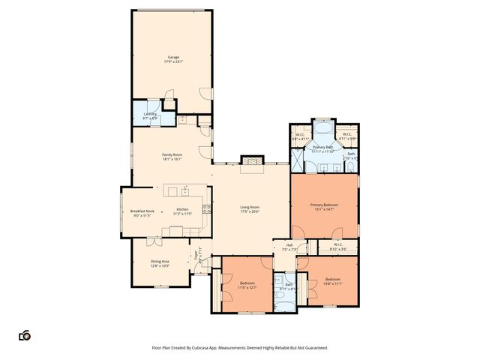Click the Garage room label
coord(173,58)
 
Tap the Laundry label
coord(150,114)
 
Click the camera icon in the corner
coord(24,335)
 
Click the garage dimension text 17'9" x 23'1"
coord(173,62)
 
